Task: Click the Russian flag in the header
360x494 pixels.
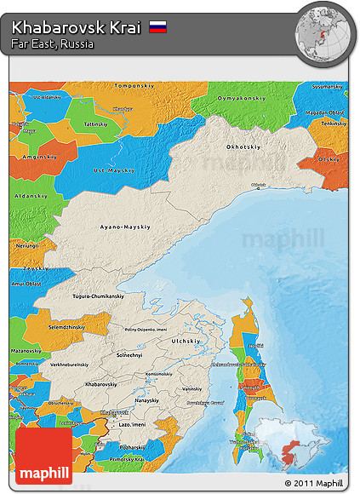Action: pyautogui.click(x=157, y=27)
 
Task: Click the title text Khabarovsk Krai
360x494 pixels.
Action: pyautogui.click(x=76, y=27)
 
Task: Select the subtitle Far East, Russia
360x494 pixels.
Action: pyautogui.click(x=53, y=43)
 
